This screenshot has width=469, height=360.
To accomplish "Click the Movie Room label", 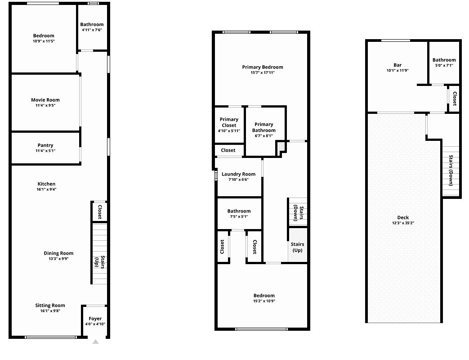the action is click(45, 100).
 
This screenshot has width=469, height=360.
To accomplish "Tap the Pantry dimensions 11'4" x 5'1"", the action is click(45, 151).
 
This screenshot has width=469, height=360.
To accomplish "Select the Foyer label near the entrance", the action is click(95, 319).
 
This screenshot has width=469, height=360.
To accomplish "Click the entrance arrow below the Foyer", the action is click(95, 342).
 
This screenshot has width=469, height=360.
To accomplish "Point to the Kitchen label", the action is click(46, 184).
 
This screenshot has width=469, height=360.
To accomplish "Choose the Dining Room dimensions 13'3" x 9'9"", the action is click(58, 259).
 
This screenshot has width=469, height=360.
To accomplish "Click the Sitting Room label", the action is click(50, 306).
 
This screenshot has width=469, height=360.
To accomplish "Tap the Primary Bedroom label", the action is click(263, 67).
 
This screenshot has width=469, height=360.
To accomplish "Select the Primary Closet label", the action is click(229, 122).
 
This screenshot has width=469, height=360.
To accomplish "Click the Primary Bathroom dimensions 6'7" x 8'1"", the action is click(264, 136).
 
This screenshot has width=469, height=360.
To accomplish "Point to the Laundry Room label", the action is click(238, 174).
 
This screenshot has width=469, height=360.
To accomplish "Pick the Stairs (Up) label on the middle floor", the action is click(297, 247).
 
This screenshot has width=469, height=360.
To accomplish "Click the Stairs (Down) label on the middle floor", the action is click(299, 213).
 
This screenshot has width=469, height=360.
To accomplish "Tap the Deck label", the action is click(403, 217).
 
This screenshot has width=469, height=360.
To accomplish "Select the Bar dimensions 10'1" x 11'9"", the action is click(398, 71).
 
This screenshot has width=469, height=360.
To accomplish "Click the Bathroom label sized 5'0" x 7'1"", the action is click(444, 60).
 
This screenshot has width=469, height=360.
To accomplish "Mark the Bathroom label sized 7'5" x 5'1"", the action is click(239, 211).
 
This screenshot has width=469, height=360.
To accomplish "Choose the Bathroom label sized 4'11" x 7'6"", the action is click(92, 25).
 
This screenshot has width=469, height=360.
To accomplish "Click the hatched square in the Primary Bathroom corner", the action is click(281, 147).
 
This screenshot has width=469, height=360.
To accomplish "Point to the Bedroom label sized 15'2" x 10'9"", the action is click(264, 296).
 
